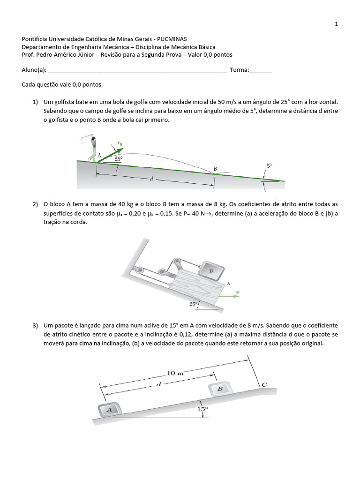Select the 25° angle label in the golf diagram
point(118,159)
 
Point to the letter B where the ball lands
point(215,169)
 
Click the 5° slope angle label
point(269,166)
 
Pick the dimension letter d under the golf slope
point(151,180)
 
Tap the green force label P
point(238,292)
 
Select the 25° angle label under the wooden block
point(193,304)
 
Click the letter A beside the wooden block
point(228,283)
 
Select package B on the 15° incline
point(219,389)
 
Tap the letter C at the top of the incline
point(264,384)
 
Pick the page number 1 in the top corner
point(336,24)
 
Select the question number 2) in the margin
point(35,204)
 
